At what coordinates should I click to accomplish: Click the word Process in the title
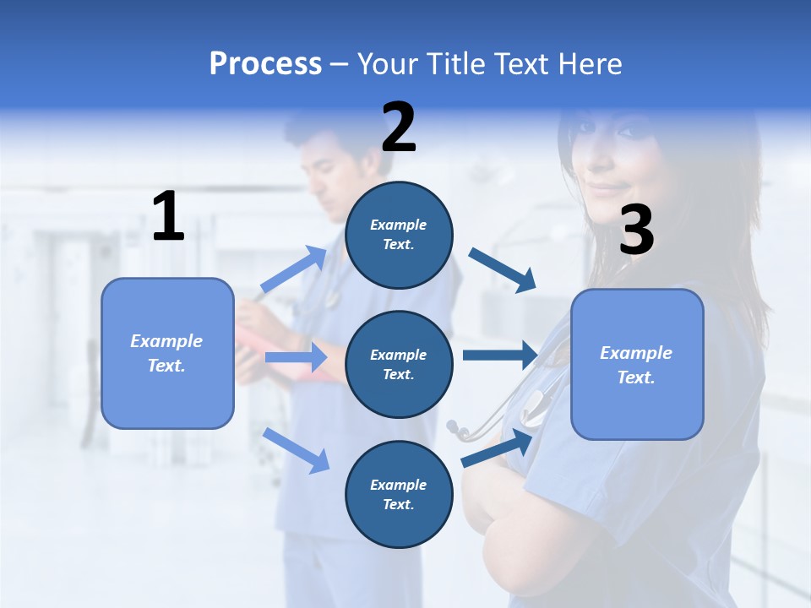point(265,64)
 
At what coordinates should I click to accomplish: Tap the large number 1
point(168,216)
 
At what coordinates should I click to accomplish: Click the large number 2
point(399,128)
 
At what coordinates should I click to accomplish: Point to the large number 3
point(636,231)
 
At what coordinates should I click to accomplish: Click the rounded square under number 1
point(167,353)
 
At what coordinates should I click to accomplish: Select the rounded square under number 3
point(637,364)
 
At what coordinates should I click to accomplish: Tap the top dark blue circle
point(399,235)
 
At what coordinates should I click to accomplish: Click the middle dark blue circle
point(399,364)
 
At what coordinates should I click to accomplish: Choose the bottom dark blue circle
point(399,494)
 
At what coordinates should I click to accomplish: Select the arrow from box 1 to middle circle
point(296,357)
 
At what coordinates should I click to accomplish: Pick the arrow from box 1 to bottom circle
point(297,450)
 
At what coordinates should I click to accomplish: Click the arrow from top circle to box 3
point(503,270)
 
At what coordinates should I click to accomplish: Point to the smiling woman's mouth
point(606,187)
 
